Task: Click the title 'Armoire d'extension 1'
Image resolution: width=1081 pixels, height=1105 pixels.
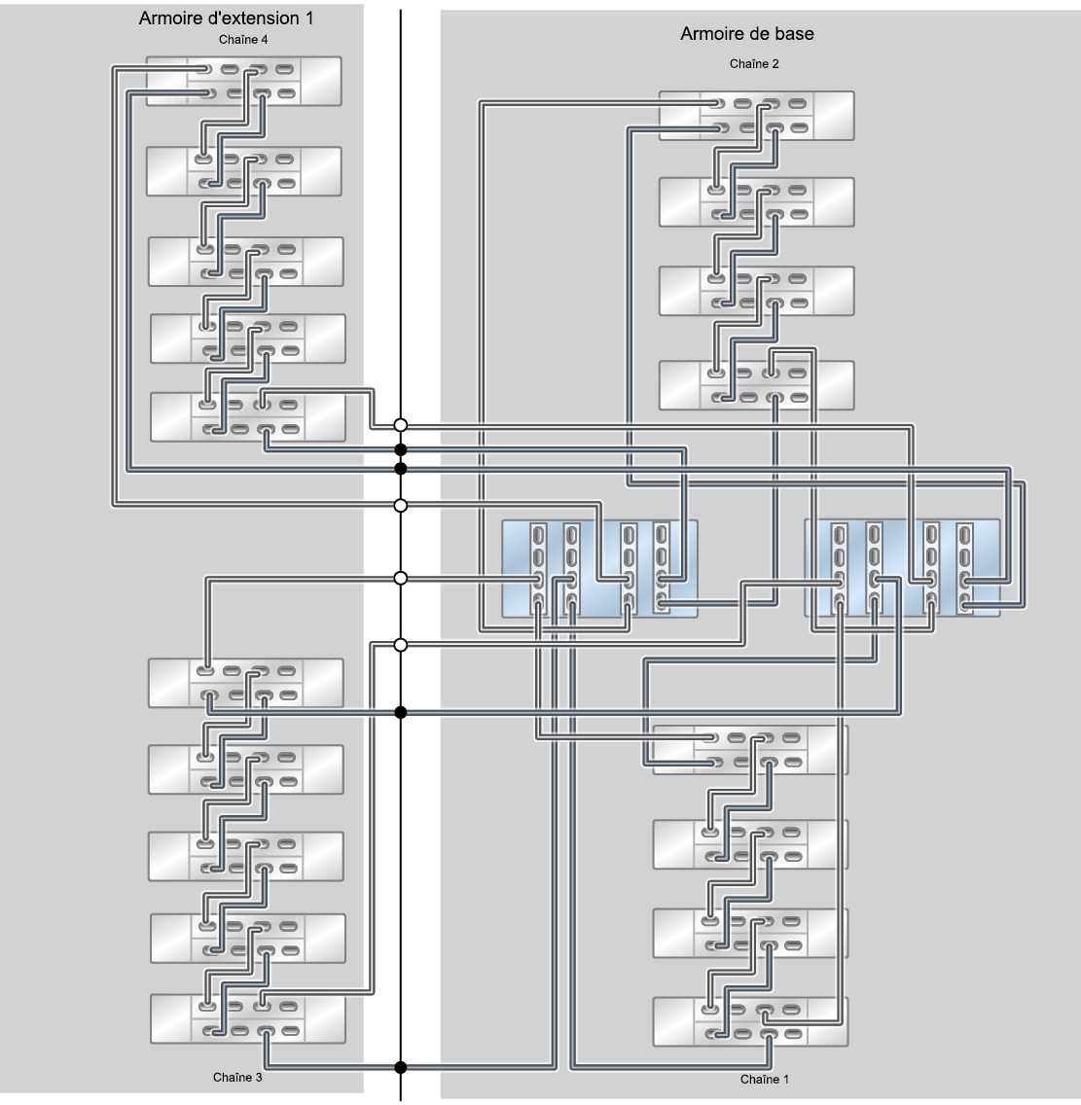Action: click(x=226, y=18)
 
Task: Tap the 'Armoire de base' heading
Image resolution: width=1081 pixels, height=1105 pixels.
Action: click(x=746, y=34)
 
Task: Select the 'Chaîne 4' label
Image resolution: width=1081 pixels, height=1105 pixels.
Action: click(x=243, y=40)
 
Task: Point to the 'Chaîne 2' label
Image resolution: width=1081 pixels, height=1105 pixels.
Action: click(x=754, y=64)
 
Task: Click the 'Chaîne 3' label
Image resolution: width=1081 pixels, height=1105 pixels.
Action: click(x=237, y=1077)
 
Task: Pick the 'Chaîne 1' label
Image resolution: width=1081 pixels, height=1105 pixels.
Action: click(x=765, y=1079)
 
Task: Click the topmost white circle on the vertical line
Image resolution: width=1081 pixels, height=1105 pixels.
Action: click(x=401, y=425)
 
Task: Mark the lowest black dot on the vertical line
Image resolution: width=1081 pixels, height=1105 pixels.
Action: click(x=401, y=1067)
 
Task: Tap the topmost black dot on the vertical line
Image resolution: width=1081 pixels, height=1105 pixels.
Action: click(x=401, y=449)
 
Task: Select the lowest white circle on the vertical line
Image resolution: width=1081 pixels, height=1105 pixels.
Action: click(x=401, y=645)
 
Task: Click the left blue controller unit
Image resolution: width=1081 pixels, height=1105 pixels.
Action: click(x=599, y=569)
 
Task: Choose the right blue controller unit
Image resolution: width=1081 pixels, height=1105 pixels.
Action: click(x=902, y=568)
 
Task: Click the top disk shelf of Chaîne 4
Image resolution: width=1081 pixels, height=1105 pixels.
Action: click(x=244, y=81)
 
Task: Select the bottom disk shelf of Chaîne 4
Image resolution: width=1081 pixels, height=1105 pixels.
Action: click(x=248, y=416)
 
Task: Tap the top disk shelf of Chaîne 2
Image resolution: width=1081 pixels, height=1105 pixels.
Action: click(x=757, y=116)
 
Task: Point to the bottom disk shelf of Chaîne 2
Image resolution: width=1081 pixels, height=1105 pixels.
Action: click(x=757, y=385)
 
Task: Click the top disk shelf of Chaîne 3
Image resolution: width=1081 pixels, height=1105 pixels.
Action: click(x=246, y=683)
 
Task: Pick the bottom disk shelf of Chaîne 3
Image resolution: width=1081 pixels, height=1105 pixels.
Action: click(x=248, y=1018)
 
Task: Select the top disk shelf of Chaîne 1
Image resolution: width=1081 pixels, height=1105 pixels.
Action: click(x=750, y=750)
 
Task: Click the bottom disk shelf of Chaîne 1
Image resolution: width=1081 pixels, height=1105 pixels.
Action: click(x=750, y=1021)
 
